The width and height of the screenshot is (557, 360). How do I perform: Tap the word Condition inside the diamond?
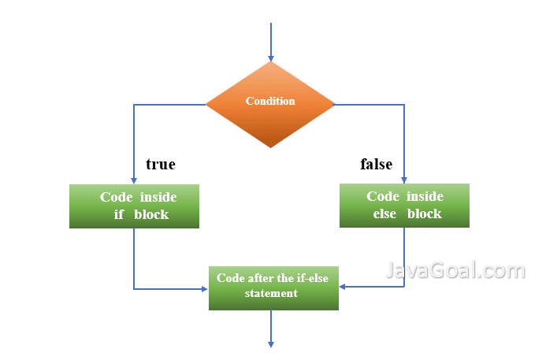[270, 101]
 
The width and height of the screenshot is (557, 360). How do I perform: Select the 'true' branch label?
[160, 165]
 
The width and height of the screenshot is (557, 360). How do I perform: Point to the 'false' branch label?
[377, 165]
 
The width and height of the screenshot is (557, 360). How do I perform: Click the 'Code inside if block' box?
[134, 206]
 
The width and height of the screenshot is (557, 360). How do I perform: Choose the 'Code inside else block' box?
[404, 206]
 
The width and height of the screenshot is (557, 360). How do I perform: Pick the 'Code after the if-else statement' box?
[273, 288]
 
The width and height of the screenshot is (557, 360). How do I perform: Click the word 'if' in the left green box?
[120, 214]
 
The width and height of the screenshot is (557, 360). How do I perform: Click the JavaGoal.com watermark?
[455, 272]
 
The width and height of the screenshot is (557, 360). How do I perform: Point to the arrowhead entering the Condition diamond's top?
[270, 58]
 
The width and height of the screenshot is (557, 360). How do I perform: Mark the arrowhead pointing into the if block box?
[134, 180]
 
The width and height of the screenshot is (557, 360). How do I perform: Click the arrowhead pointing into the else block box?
[404, 179]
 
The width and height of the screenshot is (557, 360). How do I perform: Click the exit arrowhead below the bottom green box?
[270, 343]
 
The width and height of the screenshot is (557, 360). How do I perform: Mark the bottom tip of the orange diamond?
[270, 147]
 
